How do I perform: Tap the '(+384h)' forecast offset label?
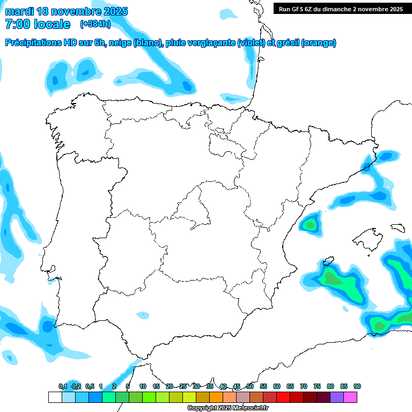click(95, 24)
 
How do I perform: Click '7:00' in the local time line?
click(18, 24)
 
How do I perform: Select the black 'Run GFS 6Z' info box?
click(341, 9)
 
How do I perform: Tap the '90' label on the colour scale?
click(357, 386)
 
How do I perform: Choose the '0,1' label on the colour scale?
click(63, 386)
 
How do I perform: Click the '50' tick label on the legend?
click(250, 386)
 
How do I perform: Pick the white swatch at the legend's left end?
click(55, 397)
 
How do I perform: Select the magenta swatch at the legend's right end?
click(350, 397)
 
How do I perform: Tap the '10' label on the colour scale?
click(143, 386)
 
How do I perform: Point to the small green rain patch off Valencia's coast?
click(310, 224)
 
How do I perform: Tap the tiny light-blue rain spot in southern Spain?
click(142, 315)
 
